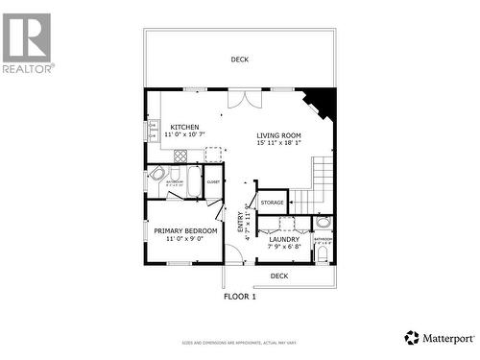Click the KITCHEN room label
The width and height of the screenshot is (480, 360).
click(x=185, y=127)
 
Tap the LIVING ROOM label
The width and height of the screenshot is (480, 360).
click(x=278, y=135)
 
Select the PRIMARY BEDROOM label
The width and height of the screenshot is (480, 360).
click(x=185, y=230)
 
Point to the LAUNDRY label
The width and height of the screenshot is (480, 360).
click(x=283, y=239)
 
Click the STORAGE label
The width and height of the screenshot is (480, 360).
click(x=272, y=203)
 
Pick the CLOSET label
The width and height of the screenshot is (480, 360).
click(x=213, y=181)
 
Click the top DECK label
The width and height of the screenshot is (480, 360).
click(x=239, y=60)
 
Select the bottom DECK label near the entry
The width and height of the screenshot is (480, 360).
click(x=278, y=276)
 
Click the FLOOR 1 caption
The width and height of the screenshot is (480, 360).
click(x=240, y=297)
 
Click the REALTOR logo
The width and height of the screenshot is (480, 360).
click(x=27, y=43)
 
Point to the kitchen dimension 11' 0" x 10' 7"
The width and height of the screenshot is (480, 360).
click(x=185, y=135)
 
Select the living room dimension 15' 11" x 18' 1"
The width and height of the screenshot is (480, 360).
click(x=278, y=144)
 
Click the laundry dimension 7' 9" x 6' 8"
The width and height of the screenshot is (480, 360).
click(x=283, y=248)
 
